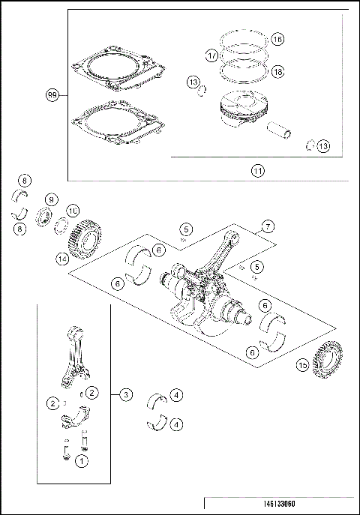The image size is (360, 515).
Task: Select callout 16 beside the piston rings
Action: pos(277,39)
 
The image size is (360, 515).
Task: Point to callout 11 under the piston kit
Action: pos(257,170)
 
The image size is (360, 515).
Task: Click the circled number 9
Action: pos(51,199)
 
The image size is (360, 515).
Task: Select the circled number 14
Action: pos(62,259)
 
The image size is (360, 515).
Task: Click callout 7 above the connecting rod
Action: pos(266,226)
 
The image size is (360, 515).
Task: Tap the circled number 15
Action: pos(301,365)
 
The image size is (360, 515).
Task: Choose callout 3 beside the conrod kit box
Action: pos(126,394)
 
